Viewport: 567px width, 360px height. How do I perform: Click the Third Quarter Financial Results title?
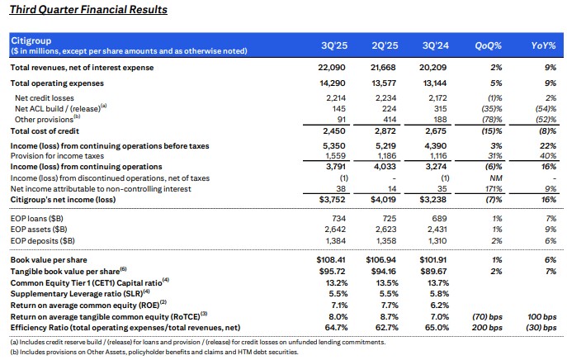coord(87,10)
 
